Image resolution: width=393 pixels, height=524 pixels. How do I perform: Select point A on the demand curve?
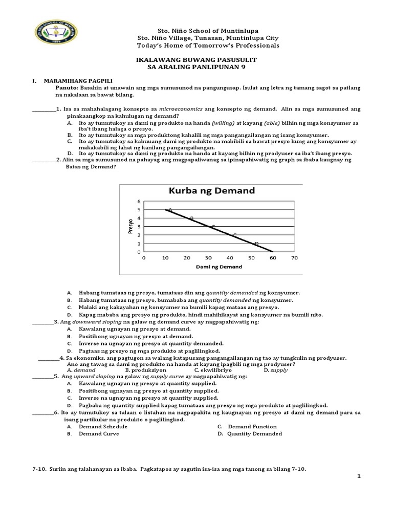click(170, 209)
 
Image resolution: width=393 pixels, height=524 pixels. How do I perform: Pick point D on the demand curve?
click(256, 244)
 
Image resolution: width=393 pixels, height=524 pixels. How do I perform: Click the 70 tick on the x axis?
click(294, 258)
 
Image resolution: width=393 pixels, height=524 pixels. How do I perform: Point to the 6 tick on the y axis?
click(138, 201)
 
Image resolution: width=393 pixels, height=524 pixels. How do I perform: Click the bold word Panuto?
click(67, 88)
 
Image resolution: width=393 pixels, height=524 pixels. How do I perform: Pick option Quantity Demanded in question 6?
click(255, 433)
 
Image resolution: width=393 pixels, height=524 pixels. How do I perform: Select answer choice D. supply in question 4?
click(275, 369)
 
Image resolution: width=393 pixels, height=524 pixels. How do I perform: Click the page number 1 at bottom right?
click(359, 476)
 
